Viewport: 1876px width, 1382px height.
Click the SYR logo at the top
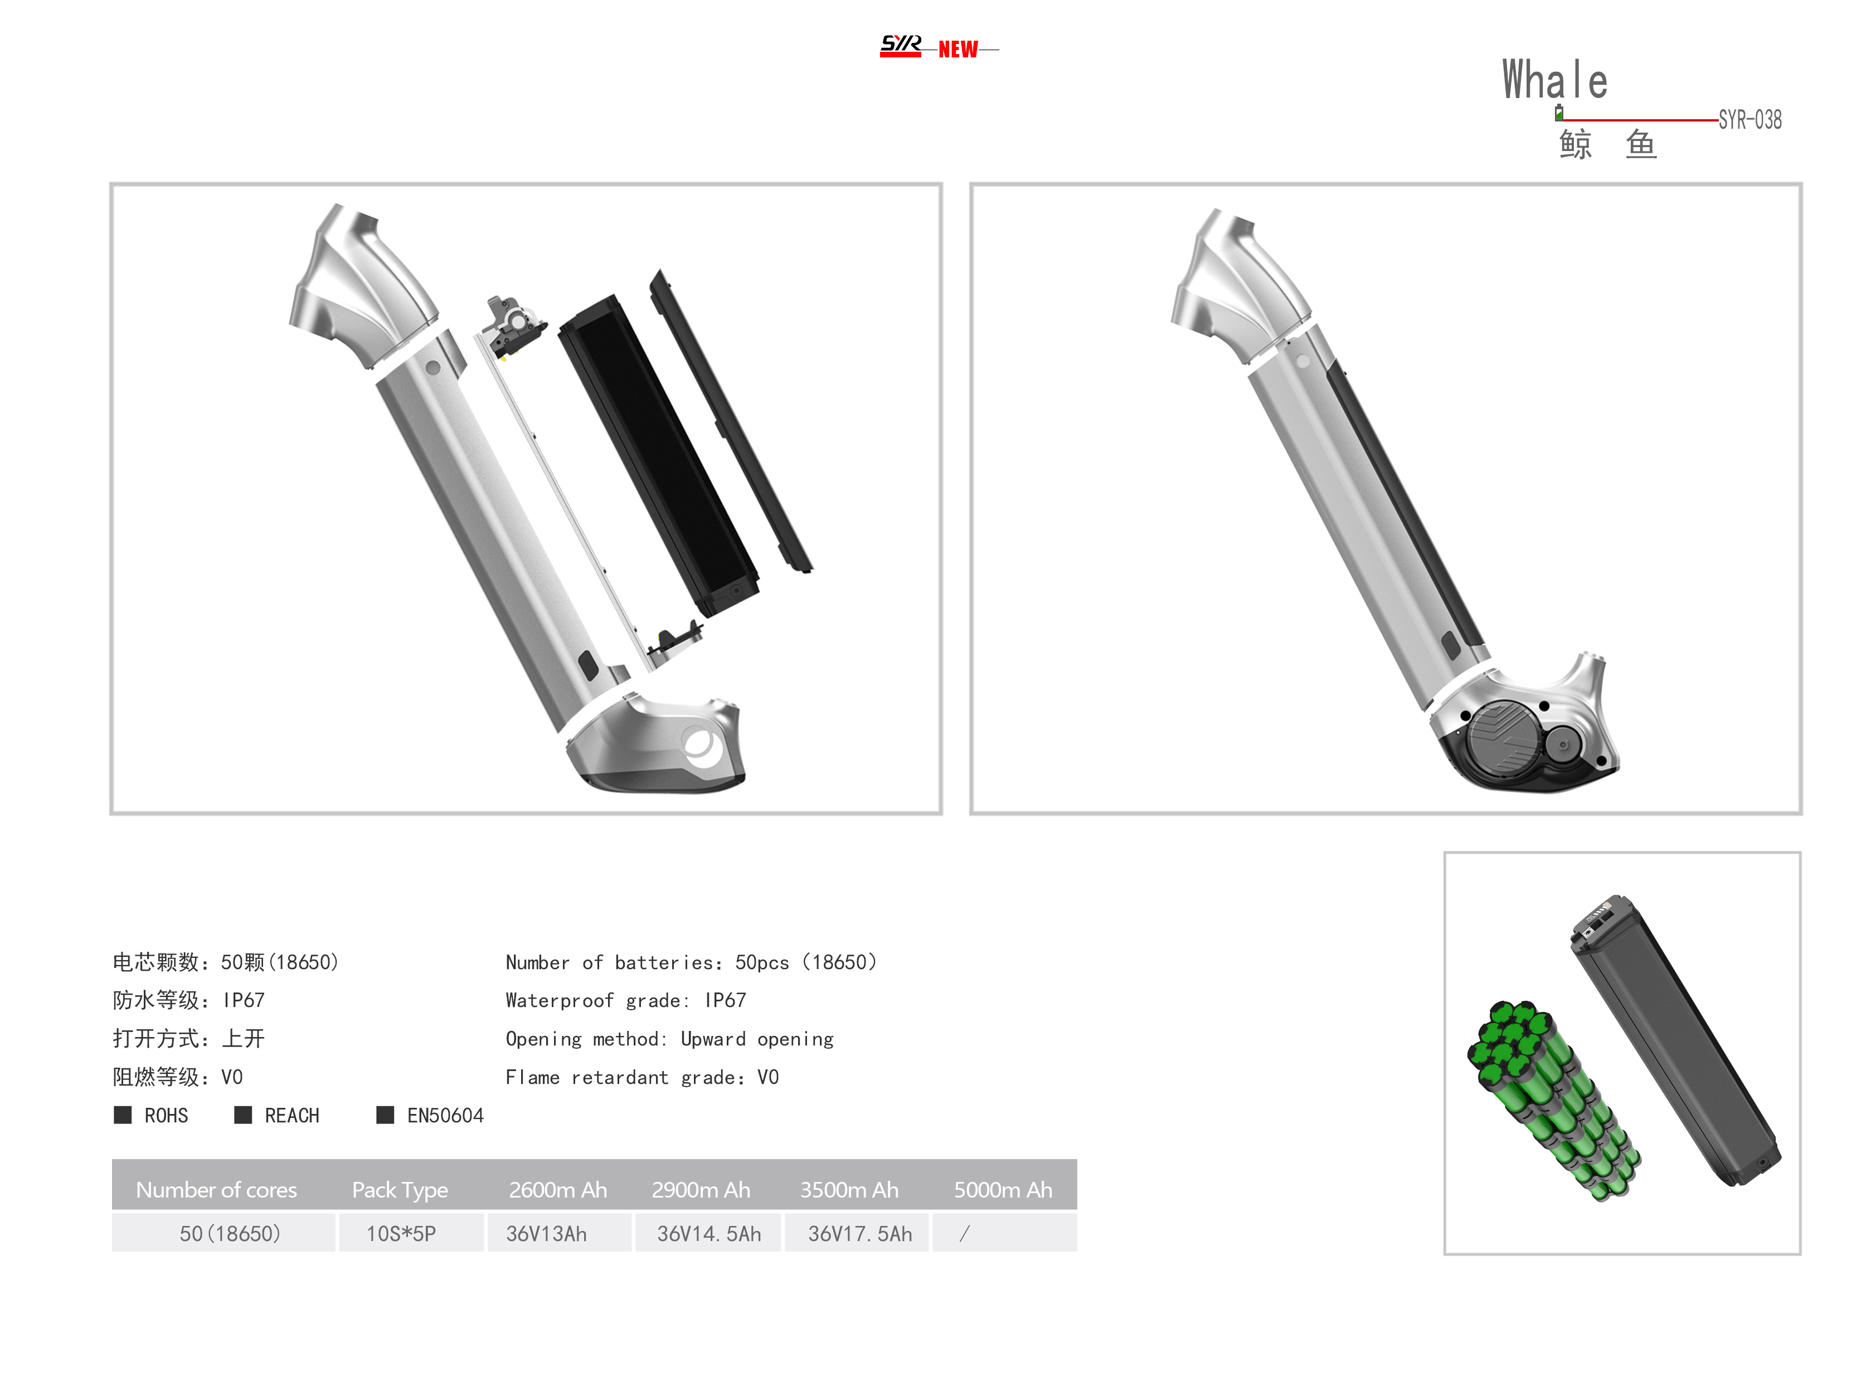coord(900,45)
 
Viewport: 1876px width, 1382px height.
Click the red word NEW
coord(958,50)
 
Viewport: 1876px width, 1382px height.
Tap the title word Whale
coord(1554,80)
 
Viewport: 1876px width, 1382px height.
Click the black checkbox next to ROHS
coord(123,1115)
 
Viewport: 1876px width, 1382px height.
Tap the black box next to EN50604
coord(385,1115)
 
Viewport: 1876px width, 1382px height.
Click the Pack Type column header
coord(400,1190)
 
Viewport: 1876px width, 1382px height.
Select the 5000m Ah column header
coord(1003,1190)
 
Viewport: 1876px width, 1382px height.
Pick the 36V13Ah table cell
coord(546,1234)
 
